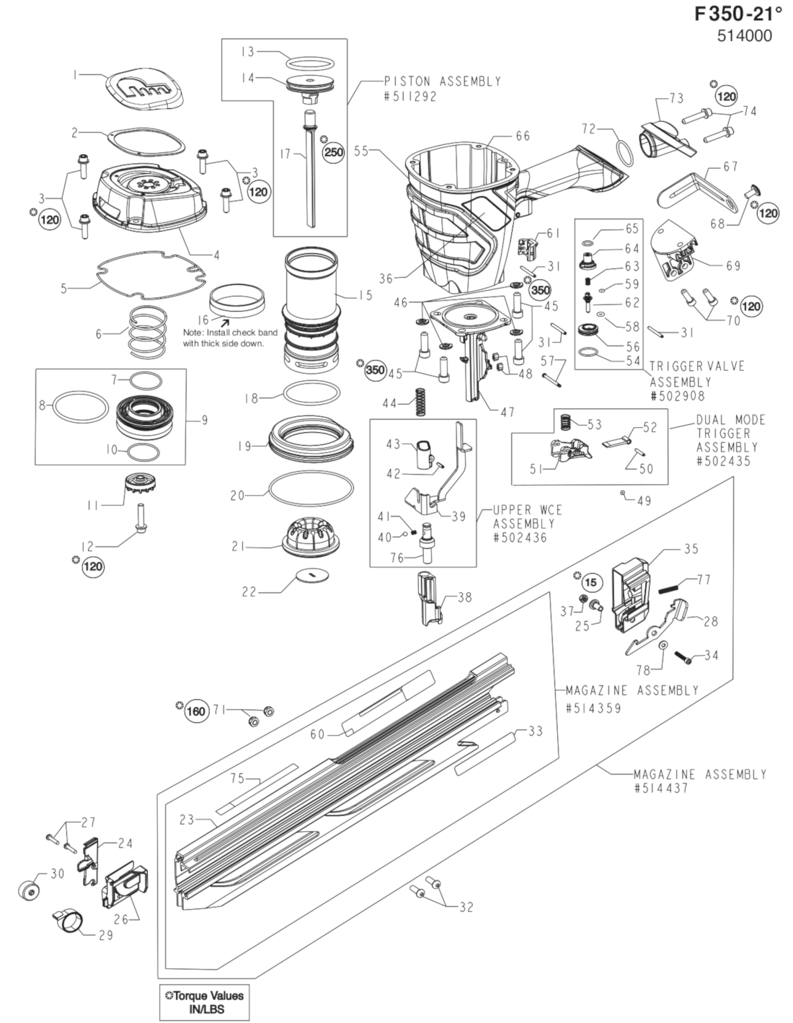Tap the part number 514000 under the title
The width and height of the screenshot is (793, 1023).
tap(744, 36)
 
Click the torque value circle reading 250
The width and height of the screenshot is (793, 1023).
tap(334, 152)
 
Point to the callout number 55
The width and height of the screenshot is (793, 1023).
tap(361, 151)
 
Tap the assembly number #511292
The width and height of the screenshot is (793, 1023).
tap(411, 97)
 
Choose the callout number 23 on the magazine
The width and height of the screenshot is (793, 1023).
tap(187, 820)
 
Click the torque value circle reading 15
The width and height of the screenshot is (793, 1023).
tap(591, 582)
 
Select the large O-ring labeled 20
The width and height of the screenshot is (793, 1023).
tap(311, 493)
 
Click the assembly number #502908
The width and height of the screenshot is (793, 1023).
tap(678, 396)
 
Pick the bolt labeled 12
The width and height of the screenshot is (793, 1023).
tap(140, 519)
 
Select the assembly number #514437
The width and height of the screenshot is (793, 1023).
tap(661, 788)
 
